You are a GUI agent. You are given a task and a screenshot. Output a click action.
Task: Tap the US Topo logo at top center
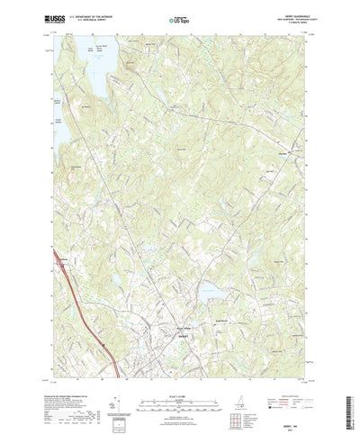(x=179, y=17)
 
